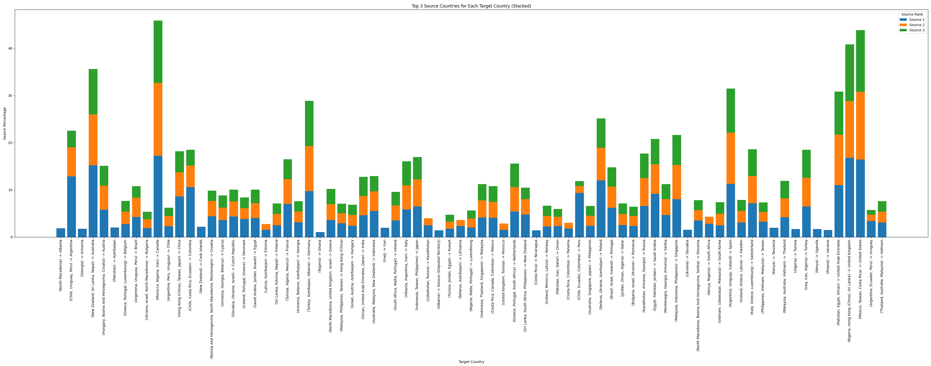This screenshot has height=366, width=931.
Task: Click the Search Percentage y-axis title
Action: (x=5, y=123)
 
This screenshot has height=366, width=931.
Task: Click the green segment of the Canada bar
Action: (x=158, y=52)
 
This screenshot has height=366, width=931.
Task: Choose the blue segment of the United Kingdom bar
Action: (x=849, y=197)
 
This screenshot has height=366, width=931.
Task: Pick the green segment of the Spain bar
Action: (x=731, y=111)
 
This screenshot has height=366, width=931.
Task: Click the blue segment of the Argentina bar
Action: (x=72, y=206)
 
